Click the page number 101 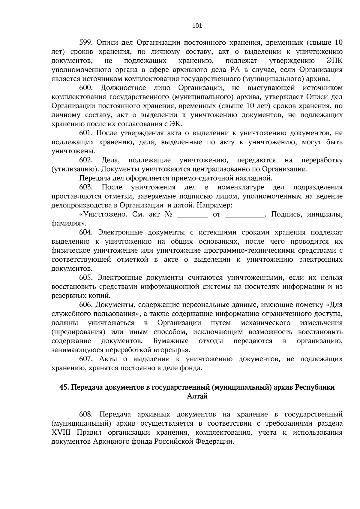coord(197,25)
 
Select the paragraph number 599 coord(85,42)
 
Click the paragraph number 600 coord(86,88)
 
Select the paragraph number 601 coord(85,133)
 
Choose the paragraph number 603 coord(86,187)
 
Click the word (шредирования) coord(78,332)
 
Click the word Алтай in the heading coord(197,396)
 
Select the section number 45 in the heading coord(64,387)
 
